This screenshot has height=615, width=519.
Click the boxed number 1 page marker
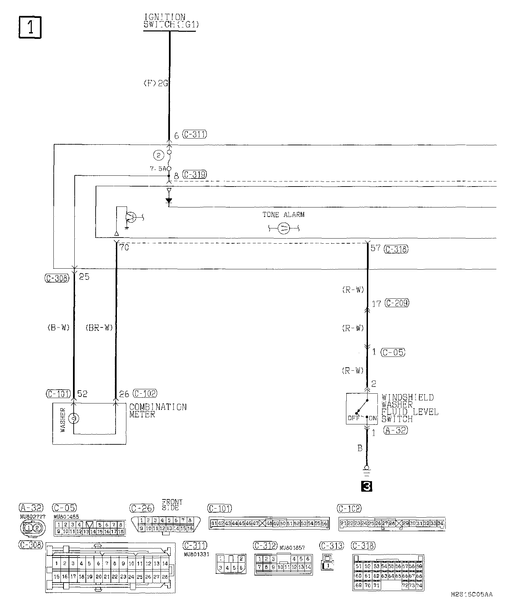pyautogui.click(x=30, y=27)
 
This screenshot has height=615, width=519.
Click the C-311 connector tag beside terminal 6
pyautogui.click(x=194, y=134)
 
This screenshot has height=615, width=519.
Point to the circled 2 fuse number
pyautogui.click(x=158, y=155)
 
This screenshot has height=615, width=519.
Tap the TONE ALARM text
pyautogui.click(x=283, y=215)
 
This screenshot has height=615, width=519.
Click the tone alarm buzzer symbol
pyautogui.click(x=283, y=228)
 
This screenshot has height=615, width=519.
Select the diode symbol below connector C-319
pyautogui.click(x=169, y=201)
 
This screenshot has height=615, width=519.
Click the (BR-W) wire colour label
pyautogui.click(x=99, y=328)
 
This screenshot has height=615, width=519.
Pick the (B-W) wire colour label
pyautogui.click(x=58, y=328)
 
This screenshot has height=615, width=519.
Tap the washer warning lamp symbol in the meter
pyautogui.click(x=74, y=419)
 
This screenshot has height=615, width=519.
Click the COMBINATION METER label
pyautogui.click(x=157, y=411)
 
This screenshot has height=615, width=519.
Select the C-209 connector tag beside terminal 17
pyautogui.click(x=397, y=303)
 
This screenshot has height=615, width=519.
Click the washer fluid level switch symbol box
pyautogui.click(x=362, y=409)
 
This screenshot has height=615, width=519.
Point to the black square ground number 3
pyautogui.click(x=367, y=487)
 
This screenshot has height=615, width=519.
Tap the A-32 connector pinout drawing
pyautogui.click(x=32, y=527)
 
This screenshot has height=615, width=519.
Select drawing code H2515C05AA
pyautogui.click(x=471, y=604)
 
